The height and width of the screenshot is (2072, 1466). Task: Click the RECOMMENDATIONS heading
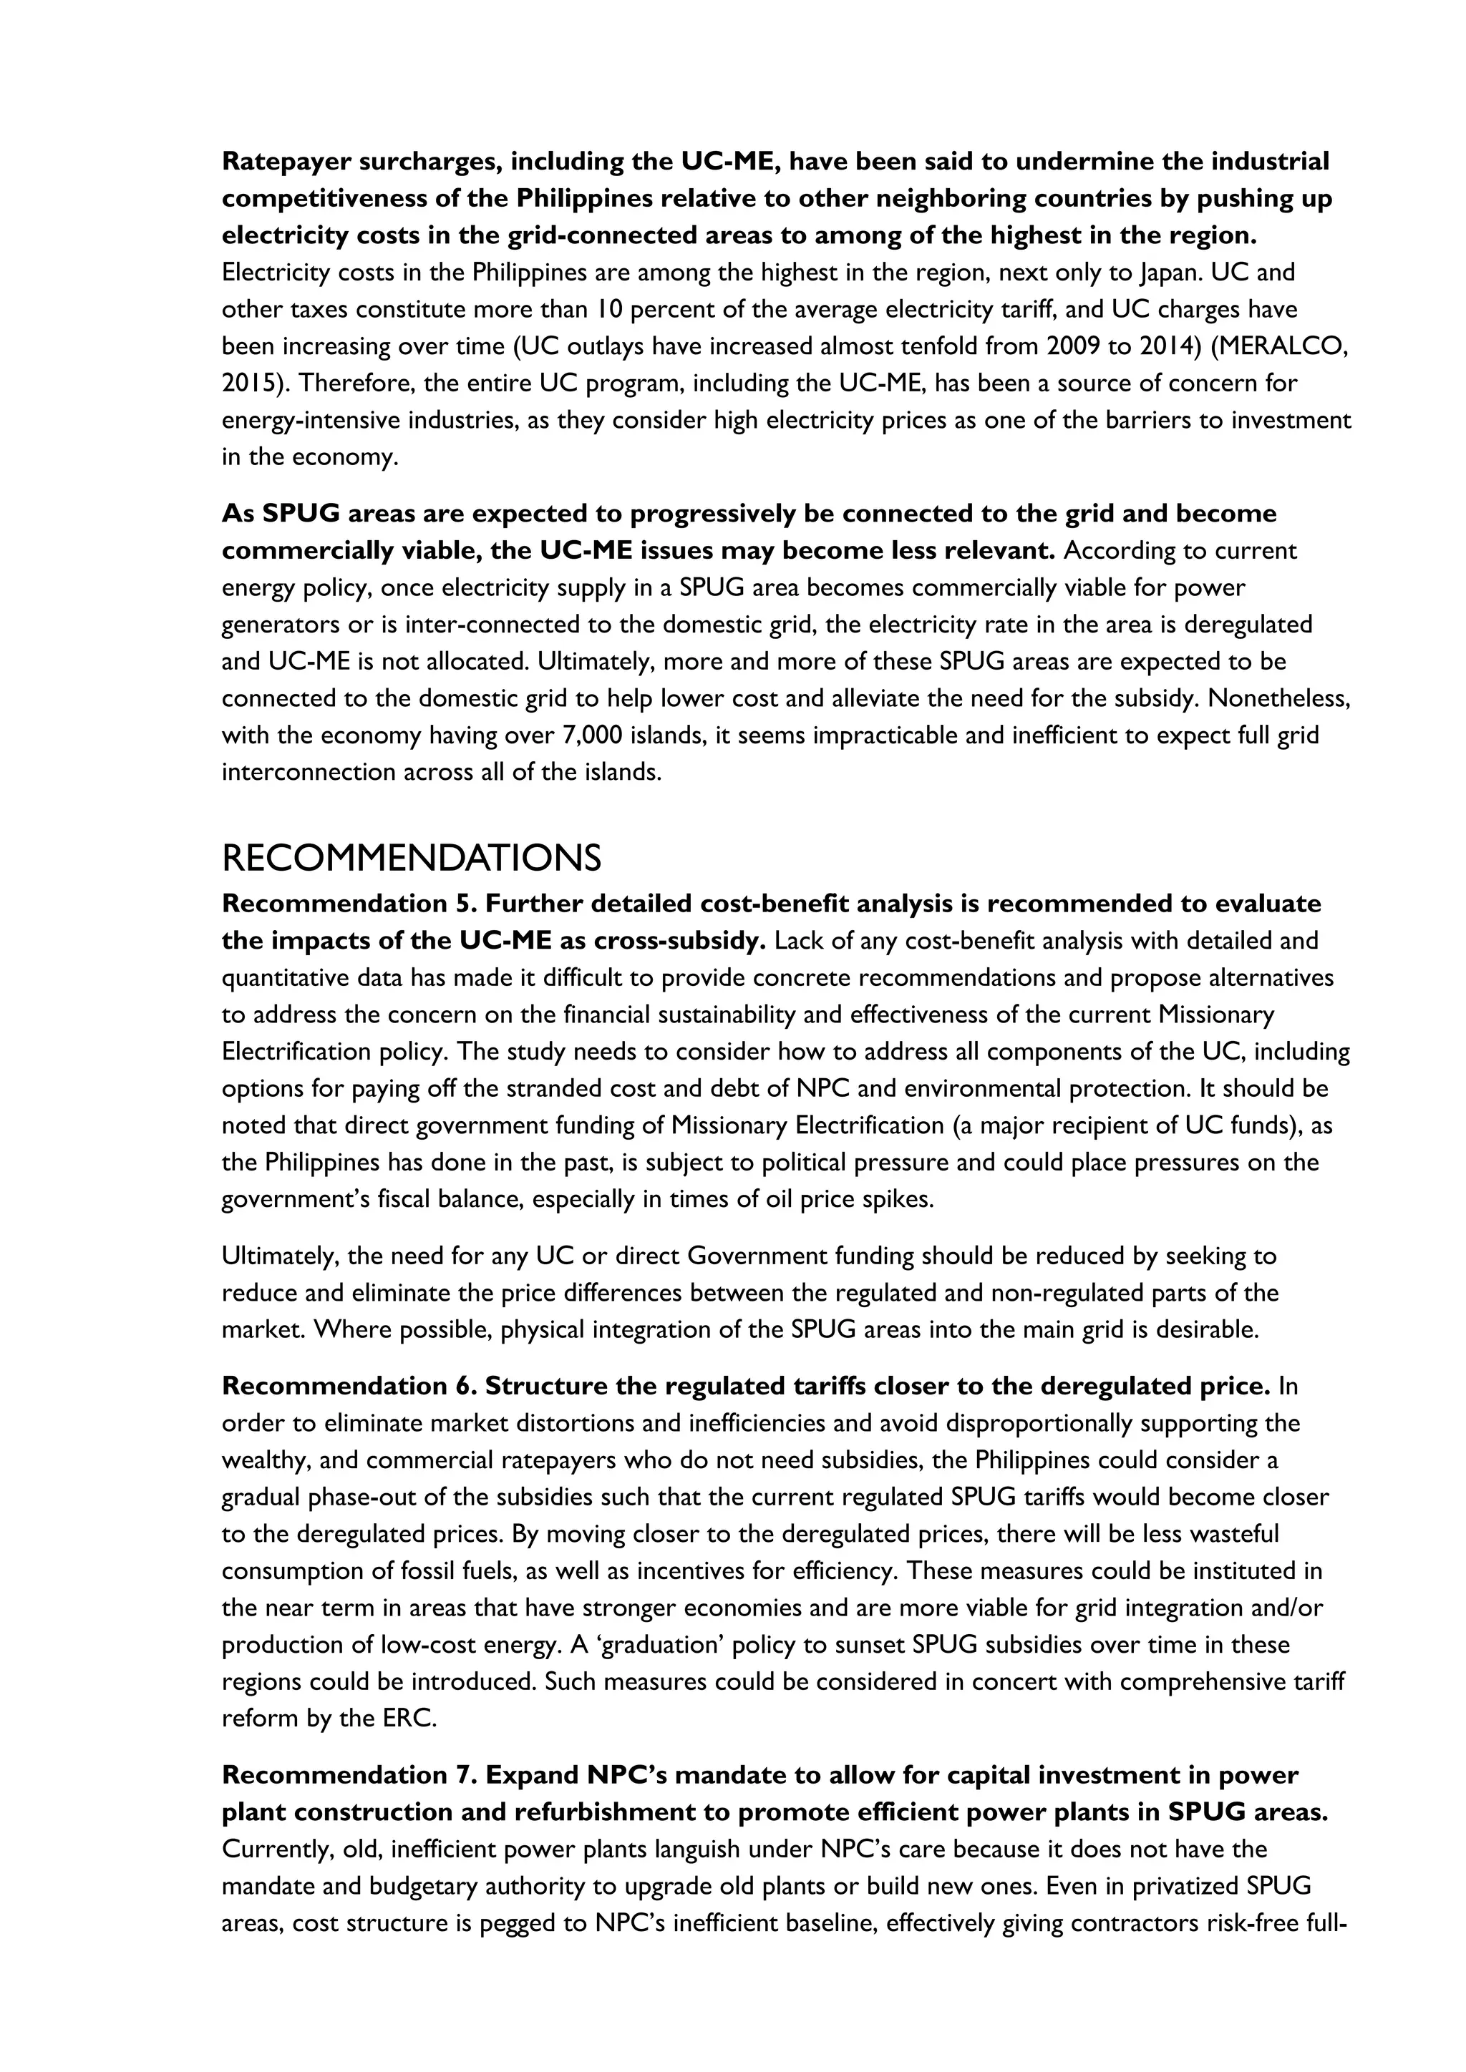click(411, 857)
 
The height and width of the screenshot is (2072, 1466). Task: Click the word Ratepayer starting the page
click(286, 162)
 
